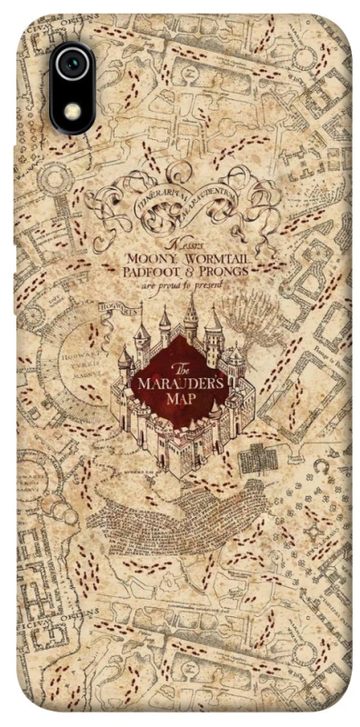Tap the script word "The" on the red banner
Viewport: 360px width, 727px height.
pyautogui.click(x=180, y=367)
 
